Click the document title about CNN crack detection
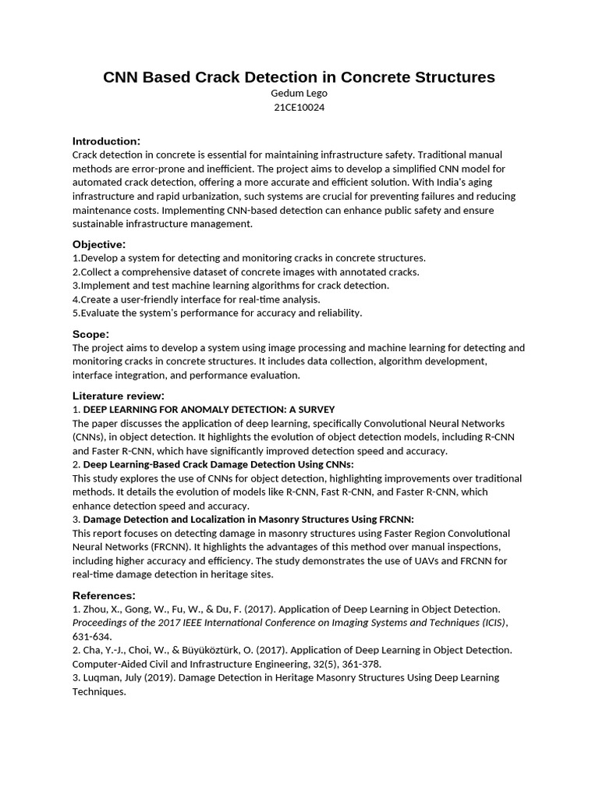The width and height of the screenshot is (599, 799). point(299,77)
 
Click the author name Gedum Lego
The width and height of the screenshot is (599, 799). point(299,94)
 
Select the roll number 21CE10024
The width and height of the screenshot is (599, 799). point(299,108)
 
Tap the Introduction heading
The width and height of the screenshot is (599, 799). point(106,141)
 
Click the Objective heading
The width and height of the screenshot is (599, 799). point(99,244)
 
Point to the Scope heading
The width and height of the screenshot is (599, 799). point(90,334)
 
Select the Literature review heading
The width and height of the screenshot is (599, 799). point(119,396)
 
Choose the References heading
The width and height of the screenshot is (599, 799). point(104,595)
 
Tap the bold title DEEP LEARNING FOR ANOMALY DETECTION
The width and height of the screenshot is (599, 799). point(209,410)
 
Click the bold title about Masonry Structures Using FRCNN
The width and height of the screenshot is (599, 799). point(249,519)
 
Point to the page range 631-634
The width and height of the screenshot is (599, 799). point(91,636)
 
